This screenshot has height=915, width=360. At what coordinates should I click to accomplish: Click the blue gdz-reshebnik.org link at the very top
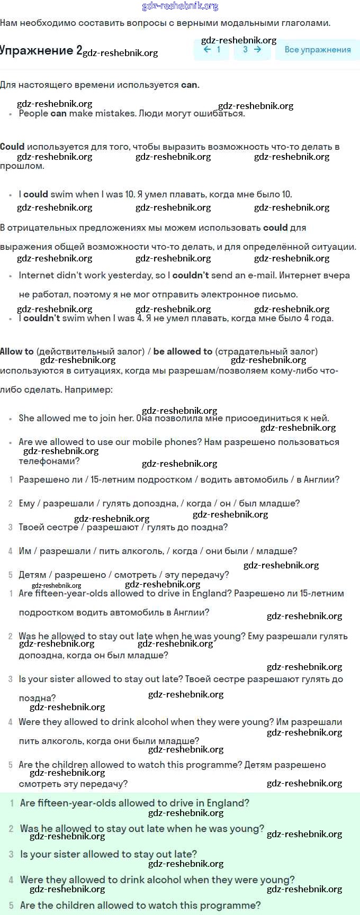[180, 6]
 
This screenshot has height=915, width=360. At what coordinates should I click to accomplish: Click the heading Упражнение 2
[41, 50]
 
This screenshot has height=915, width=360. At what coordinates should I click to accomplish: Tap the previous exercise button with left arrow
[211, 50]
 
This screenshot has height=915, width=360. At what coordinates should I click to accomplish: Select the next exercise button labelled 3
[252, 50]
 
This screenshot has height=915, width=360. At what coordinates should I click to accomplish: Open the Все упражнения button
[318, 50]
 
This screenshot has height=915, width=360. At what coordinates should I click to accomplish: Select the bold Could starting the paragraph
[12, 147]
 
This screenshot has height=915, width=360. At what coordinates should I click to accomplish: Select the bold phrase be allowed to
[183, 351]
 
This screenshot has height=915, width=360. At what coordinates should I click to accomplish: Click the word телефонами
[49, 461]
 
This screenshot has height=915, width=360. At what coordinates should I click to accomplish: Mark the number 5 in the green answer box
[11, 905]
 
